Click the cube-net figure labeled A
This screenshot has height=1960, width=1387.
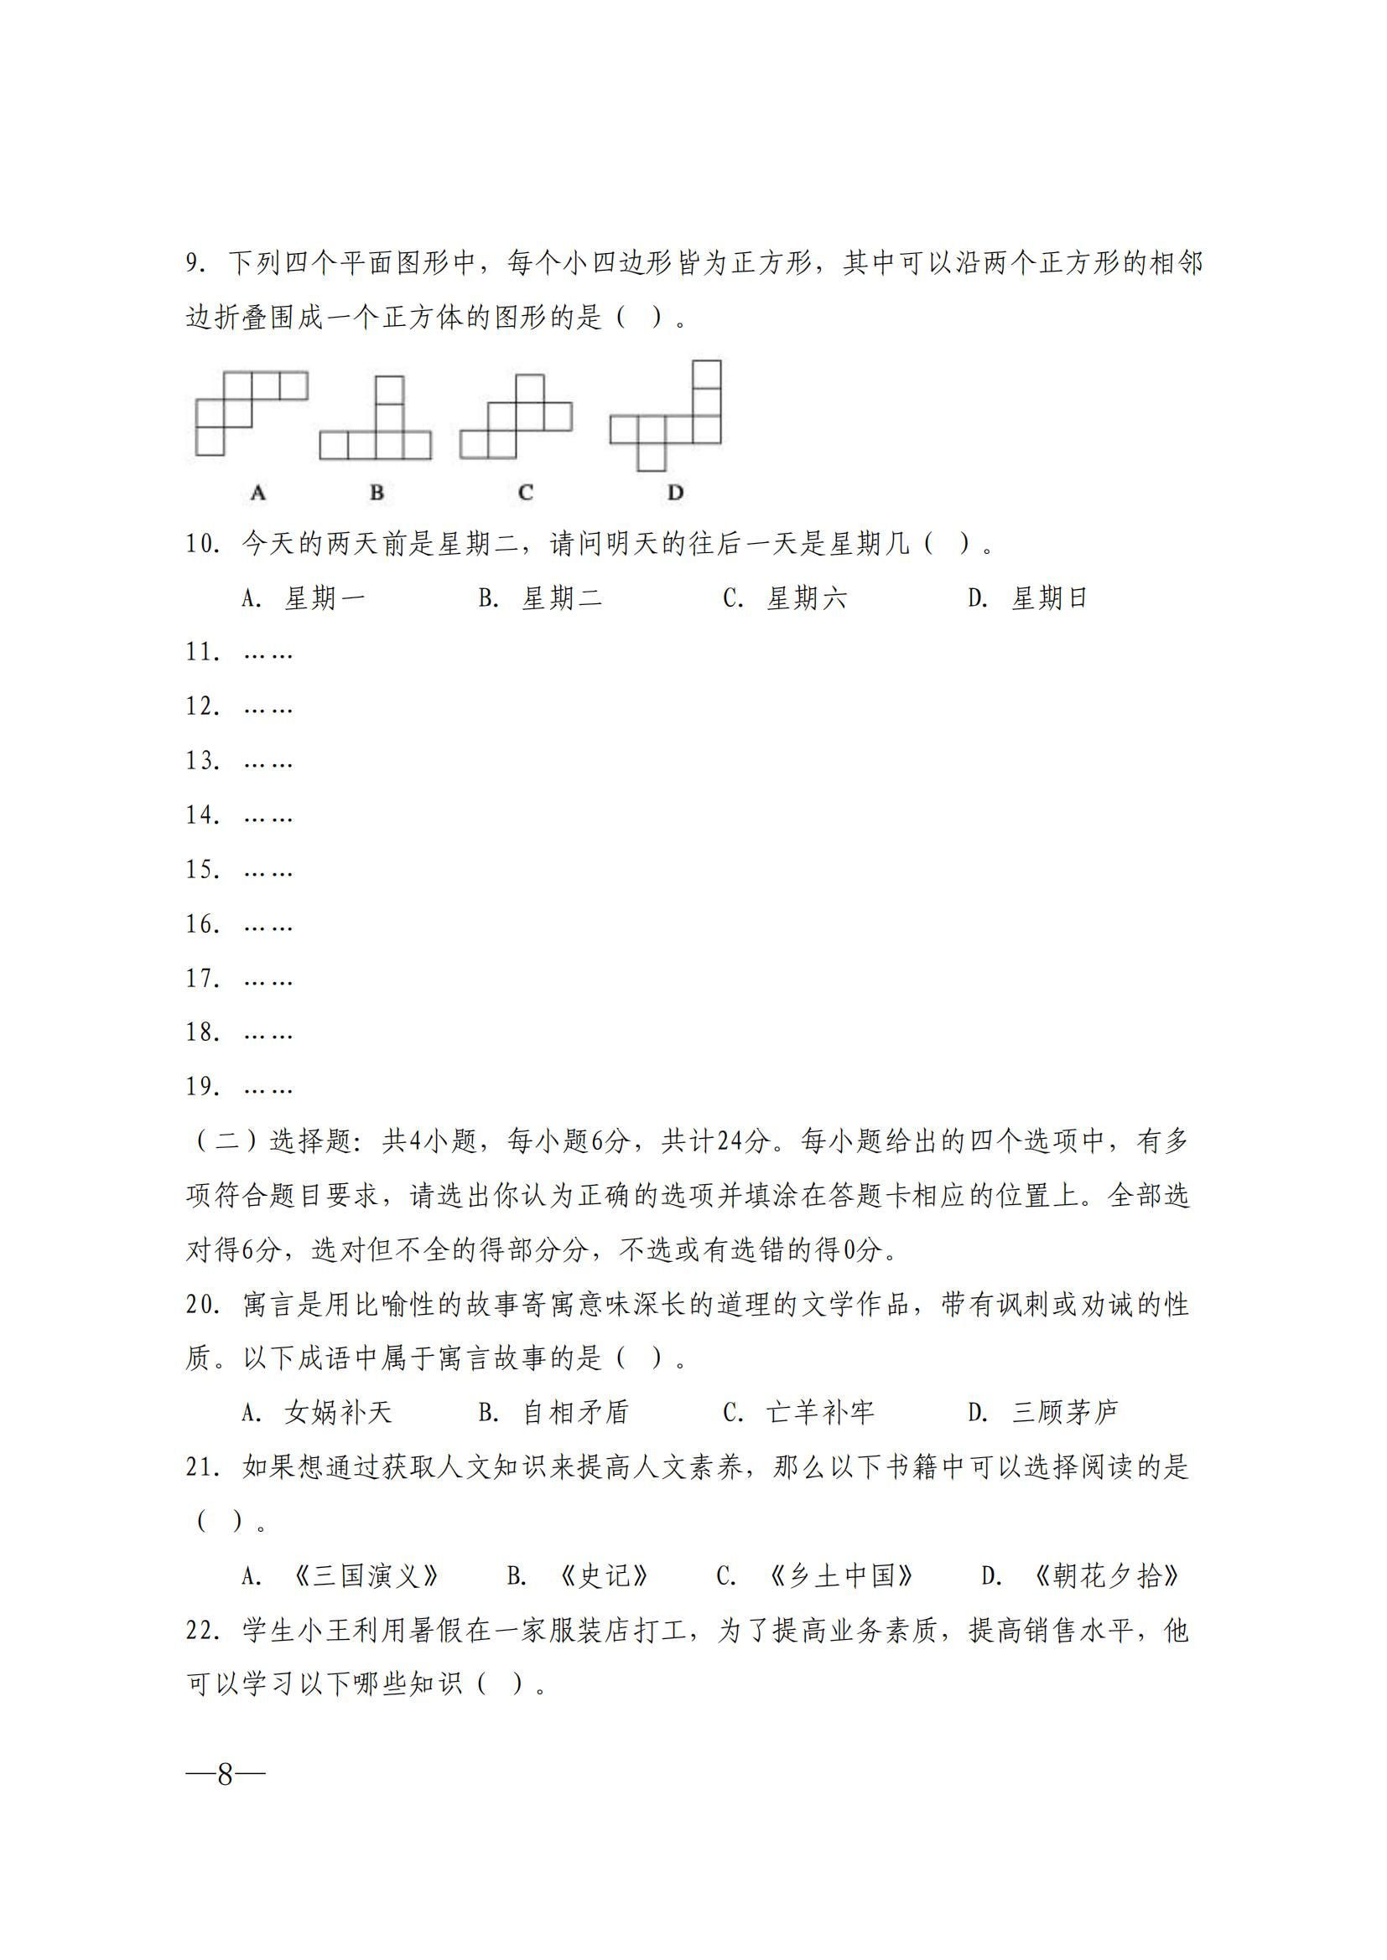pyautogui.click(x=251, y=412)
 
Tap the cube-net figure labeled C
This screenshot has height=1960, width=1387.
pyautogui.click(x=517, y=417)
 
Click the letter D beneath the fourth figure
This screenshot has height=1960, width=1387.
pyautogui.click(x=676, y=493)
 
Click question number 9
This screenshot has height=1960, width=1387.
pyautogui.click(x=195, y=263)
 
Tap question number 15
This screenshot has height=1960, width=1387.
pyautogui.click(x=203, y=870)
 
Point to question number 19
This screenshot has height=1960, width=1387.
pyautogui.click(x=203, y=1087)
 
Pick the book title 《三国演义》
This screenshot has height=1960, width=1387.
pyautogui.click(x=366, y=1576)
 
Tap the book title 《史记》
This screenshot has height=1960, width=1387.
pyautogui.click(x=604, y=1576)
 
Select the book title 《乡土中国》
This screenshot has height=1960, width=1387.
pyautogui.click(x=841, y=1576)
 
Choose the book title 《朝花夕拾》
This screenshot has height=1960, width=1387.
pyautogui.click(x=1106, y=1576)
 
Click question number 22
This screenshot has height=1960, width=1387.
pyautogui.click(x=203, y=1631)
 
